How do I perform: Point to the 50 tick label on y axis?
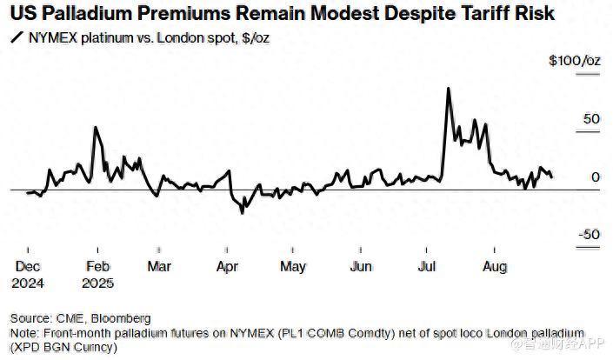[x=591, y=119]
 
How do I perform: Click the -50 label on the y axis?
[x=589, y=234]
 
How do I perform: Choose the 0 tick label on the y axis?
[x=596, y=177]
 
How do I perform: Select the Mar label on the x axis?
[x=159, y=267]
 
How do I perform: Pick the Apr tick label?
[x=227, y=267]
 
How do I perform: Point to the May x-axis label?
[x=293, y=267]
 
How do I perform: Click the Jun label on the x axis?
[x=360, y=267]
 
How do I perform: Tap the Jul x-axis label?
[x=427, y=267]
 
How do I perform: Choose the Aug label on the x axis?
[x=495, y=267]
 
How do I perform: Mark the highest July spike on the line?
[x=447, y=89]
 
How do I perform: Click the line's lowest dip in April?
[x=243, y=210]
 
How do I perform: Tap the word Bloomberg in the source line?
[x=123, y=318]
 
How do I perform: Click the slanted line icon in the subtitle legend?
[x=17, y=37]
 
